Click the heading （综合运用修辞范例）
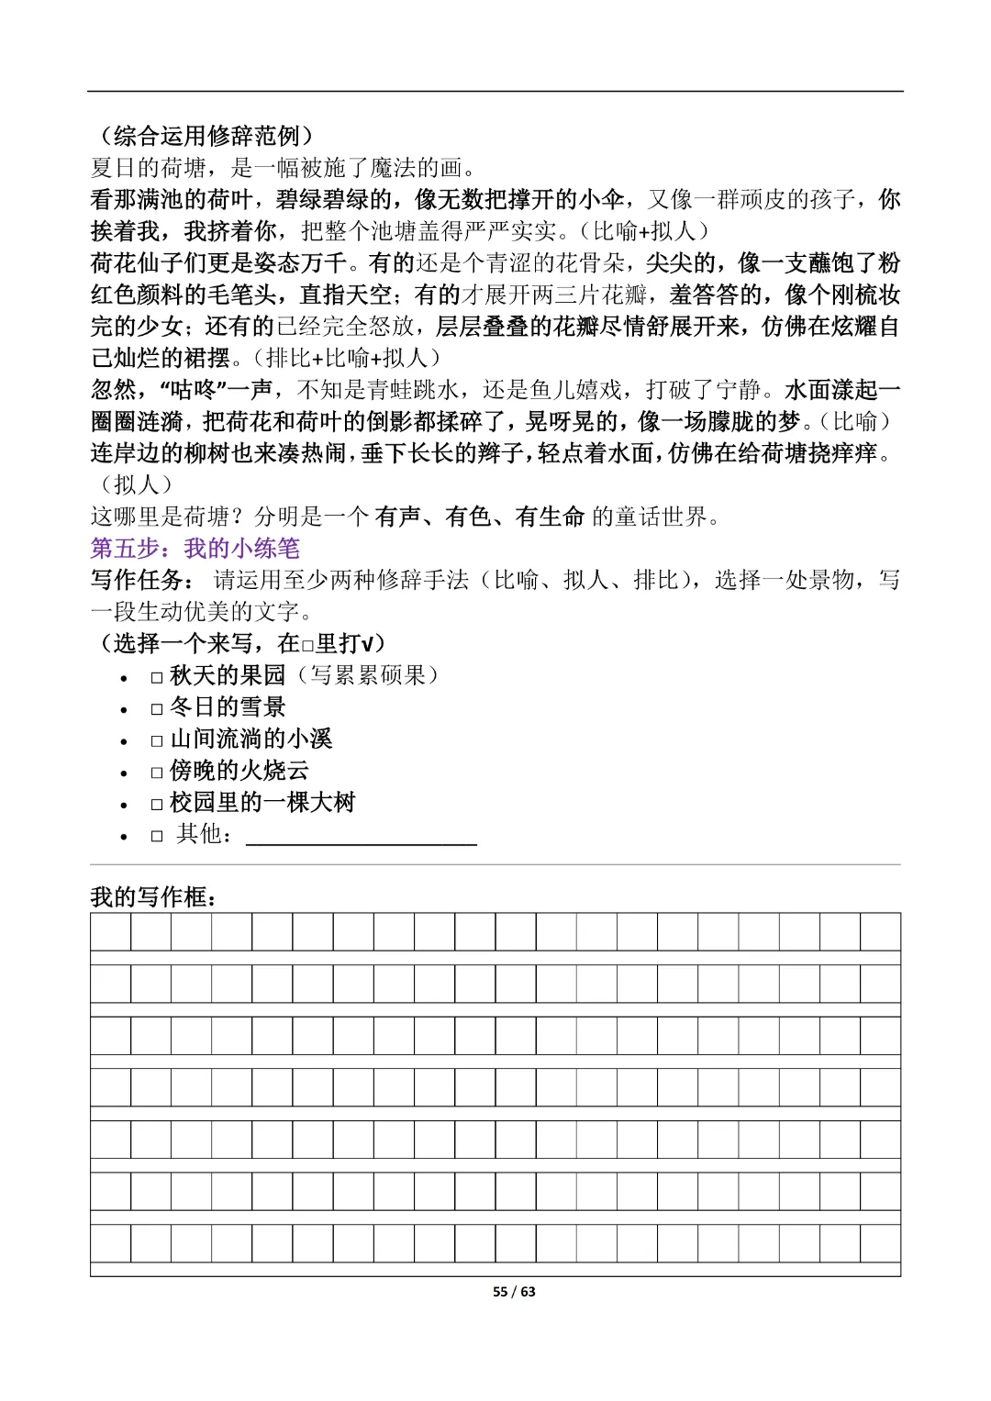[x=203, y=137]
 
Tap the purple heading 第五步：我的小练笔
[x=195, y=549]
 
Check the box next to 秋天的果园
[x=157, y=677]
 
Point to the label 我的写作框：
[x=153, y=896]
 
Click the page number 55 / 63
[x=514, y=1292]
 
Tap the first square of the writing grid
[x=110, y=932]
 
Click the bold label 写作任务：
[x=143, y=580]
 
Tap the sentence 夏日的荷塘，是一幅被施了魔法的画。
[x=284, y=168]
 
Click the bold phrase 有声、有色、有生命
[x=479, y=517]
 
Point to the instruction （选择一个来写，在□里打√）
[x=239, y=643]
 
